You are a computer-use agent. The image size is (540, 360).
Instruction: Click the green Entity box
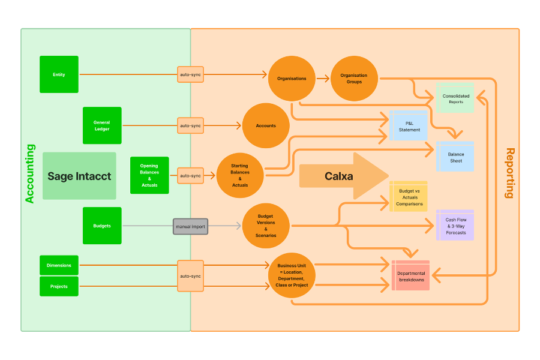pyautogui.click(x=59, y=74)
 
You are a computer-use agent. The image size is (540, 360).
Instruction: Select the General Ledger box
pyautogui.click(x=102, y=125)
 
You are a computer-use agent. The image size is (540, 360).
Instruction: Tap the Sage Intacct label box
pyautogui.click(x=79, y=176)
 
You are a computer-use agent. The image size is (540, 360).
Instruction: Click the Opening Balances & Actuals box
pyautogui.click(x=149, y=175)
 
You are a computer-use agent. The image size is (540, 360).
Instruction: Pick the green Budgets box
pyautogui.click(x=102, y=226)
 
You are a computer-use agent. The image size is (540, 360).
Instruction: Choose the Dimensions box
pyautogui.click(x=59, y=265)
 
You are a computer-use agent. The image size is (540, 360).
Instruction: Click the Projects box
pyautogui.click(x=59, y=286)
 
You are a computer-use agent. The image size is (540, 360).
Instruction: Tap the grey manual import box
pyautogui.click(x=190, y=227)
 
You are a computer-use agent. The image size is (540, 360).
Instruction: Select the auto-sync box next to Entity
pyautogui.click(x=190, y=74)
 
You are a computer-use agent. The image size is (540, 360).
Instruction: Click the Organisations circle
pyautogui.click(x=292, y=78)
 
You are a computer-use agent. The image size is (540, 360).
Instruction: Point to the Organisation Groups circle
pyautogui.click(x=354, y=78)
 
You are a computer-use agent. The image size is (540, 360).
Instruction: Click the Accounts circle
pyautogui.click(x=266, y=125)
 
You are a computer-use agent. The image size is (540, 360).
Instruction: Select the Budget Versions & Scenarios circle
pyautogui.click(x=266, y=226)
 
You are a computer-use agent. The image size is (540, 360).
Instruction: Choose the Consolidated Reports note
pyautogui.click(x=455, y=98)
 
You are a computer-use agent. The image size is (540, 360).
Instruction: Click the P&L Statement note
pyautogui.click(x=409, y=126)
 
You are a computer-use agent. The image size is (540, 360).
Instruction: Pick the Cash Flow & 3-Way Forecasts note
pyautogui.click(x=455, y=226)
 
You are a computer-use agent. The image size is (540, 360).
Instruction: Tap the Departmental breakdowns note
pyautogui.click(x=410, y=276)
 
